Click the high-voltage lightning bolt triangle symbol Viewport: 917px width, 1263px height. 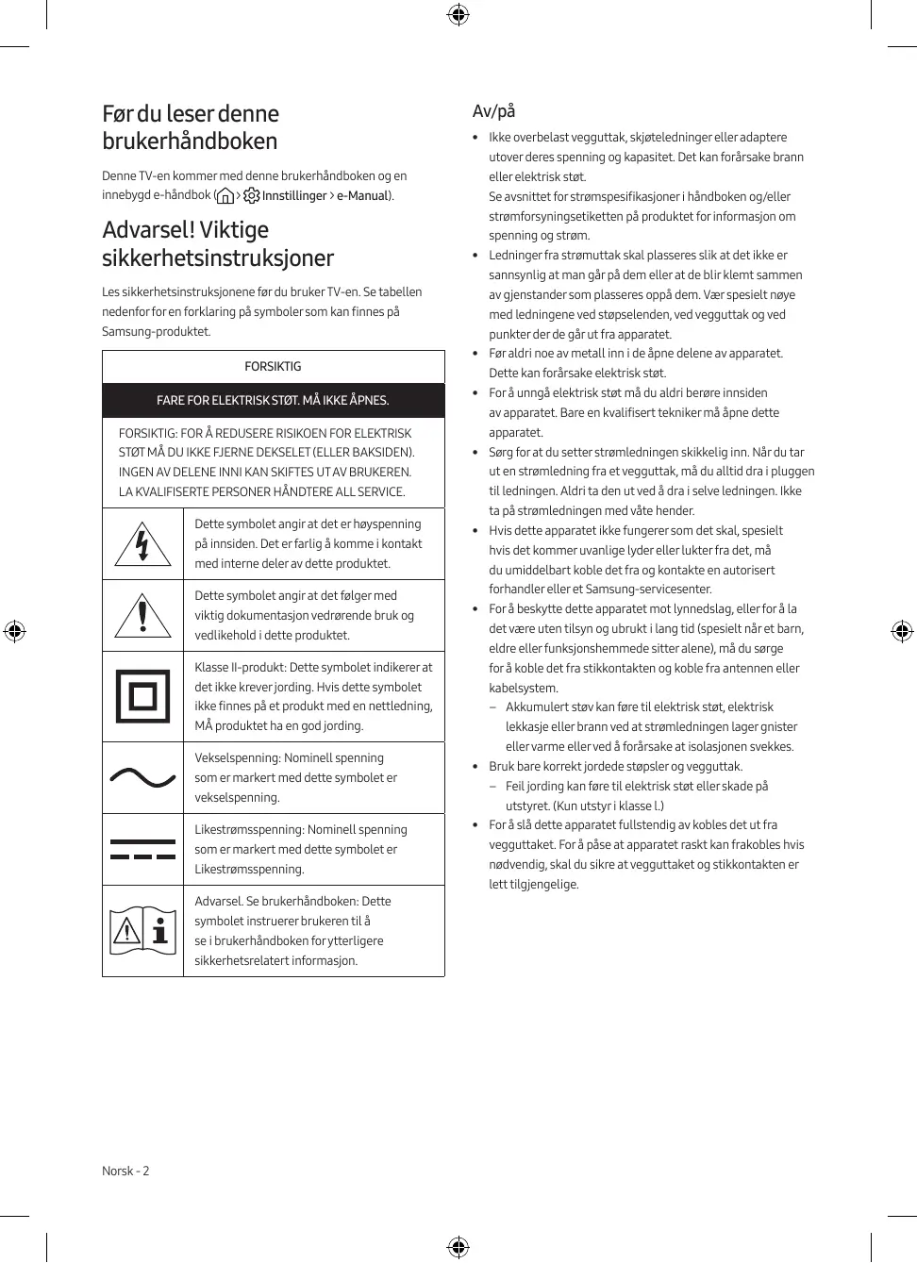click(x=142, y=544)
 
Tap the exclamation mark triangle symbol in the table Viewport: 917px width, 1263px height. click(x=142, y=615)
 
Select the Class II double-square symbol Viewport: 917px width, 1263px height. click(x=142, y=696)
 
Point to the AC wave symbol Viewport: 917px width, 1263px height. click(x=142, y=777)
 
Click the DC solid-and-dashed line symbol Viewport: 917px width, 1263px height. click(x=142, y=849)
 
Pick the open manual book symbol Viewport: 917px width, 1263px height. click(x=142, y=930)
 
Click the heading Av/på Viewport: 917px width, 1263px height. click(x=493, y=111)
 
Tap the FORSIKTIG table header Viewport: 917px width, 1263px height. click(x=273, y=367)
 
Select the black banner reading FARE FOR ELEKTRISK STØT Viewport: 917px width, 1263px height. click(x=273, y=401)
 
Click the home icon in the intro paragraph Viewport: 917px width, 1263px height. click(x=225, y=196)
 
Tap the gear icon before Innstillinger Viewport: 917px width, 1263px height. click(x=252, y=196)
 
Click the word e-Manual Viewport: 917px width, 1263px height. click(x=362, y=196)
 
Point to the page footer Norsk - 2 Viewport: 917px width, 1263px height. click(x=125, y=1172)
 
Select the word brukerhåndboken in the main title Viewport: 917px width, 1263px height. click(x=190, y=141)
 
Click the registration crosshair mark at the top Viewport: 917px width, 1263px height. click(x=458, y=14)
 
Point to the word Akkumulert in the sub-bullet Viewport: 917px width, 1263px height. click(x=537, y=707)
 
